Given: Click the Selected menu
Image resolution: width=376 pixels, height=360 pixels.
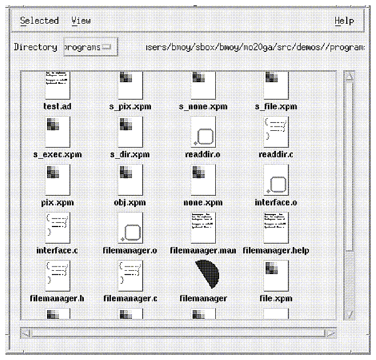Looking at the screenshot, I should coord(39,21).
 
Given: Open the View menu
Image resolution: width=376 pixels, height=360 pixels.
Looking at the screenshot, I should coord(81,21).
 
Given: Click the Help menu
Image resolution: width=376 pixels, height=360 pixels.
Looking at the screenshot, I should coord(344,21).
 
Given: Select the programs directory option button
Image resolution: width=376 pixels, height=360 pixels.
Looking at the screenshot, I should coord(90,48).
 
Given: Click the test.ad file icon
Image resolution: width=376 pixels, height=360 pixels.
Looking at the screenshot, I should coord(57,84).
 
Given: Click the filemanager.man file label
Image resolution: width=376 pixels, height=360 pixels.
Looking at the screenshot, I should coord(203,251).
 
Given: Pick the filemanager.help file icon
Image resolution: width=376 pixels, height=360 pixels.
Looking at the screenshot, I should coord(276,228).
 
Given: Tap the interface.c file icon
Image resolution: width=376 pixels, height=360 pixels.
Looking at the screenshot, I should coord(57,228).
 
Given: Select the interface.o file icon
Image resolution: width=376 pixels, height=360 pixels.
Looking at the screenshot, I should coord(276,181).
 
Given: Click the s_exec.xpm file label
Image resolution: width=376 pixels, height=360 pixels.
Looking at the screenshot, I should coord(57,155).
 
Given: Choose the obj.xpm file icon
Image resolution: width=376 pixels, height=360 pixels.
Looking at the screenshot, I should coord(130,181).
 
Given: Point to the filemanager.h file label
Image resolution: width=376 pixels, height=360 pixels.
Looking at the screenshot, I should coord(57,298).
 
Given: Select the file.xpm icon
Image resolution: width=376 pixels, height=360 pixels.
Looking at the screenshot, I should coord(276,276).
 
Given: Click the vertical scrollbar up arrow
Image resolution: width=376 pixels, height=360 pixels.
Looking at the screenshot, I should coord(349,77).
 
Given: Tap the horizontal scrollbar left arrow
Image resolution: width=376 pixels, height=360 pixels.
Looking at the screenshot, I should coord(25,333).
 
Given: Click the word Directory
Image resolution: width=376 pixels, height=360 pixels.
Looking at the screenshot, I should coord(35,48).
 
